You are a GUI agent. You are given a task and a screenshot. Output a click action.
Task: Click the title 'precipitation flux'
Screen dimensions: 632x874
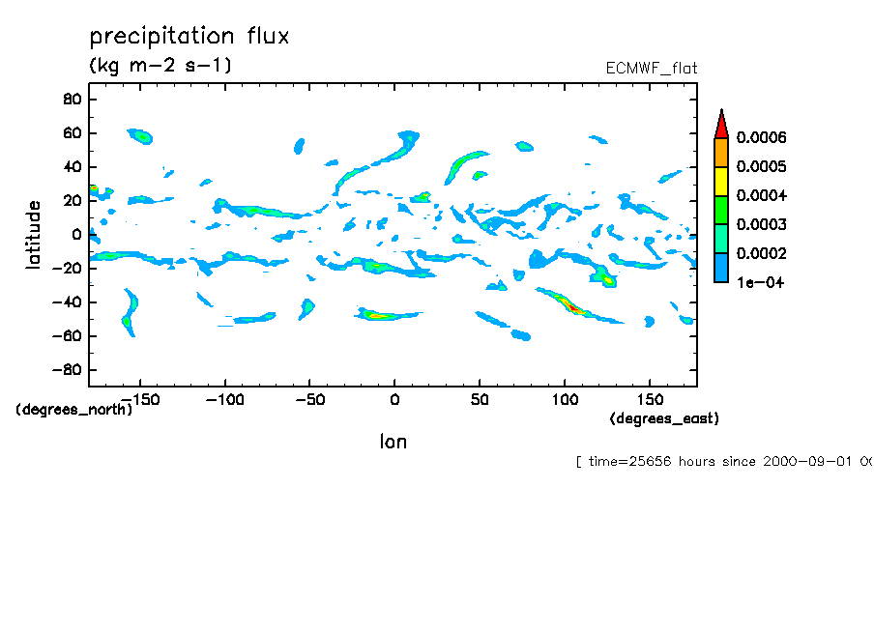189,37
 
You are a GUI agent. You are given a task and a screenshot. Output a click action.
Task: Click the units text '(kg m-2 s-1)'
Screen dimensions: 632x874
160,66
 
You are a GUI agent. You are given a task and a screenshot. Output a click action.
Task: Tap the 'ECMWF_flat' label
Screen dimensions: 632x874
651,68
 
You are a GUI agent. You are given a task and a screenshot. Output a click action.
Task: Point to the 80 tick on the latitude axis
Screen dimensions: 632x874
71,99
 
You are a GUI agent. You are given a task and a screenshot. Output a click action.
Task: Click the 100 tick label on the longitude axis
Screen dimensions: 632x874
565,399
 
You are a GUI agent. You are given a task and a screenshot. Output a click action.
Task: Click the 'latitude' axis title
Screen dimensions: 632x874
34,234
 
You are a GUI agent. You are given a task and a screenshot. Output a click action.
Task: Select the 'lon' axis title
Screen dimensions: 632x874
393,442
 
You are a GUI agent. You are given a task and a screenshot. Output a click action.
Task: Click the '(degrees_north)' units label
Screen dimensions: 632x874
74,409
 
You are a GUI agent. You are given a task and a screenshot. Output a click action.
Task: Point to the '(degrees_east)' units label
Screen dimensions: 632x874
664,418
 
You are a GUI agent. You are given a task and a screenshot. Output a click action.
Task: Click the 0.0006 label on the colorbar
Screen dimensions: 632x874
762,138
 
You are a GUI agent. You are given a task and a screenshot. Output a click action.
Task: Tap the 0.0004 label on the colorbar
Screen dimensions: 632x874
762,196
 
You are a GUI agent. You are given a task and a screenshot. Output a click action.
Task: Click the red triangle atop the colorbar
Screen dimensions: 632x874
720,124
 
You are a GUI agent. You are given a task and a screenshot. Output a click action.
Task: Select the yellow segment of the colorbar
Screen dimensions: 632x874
720,182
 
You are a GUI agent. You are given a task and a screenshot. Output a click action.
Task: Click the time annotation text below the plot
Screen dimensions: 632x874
723,461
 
